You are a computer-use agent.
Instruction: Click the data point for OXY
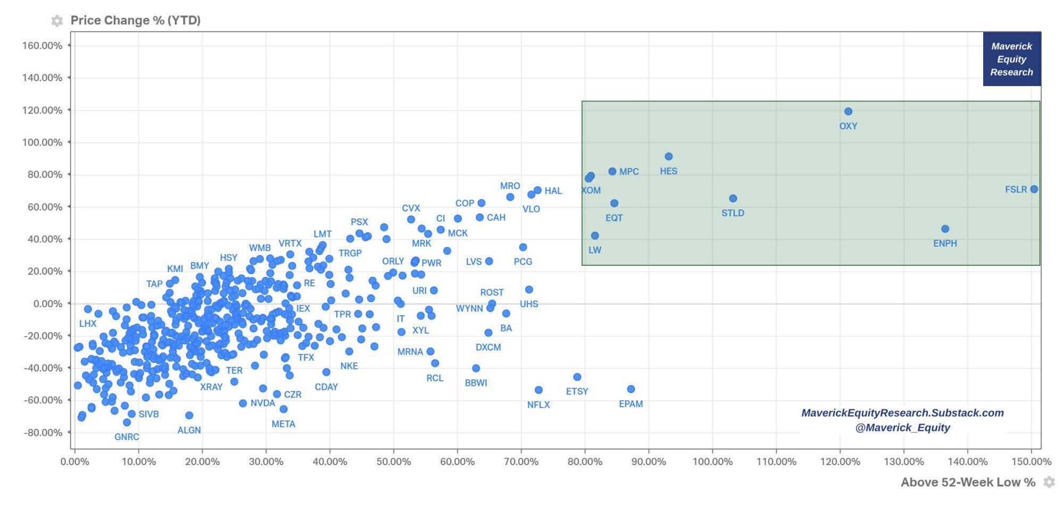click(848, 112)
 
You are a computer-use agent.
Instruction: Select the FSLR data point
click(1034, 189)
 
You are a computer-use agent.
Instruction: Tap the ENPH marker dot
click(945, 229)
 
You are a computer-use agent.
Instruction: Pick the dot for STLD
click(733, 199)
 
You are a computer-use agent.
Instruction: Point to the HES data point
click(669, 157)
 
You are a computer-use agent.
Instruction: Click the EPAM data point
click(631, 389)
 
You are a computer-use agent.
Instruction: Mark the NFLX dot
click(538, 390)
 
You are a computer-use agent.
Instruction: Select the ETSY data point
click(577, 377)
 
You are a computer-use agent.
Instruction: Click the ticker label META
click(283, 424)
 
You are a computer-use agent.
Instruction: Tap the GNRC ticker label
click(127, 437)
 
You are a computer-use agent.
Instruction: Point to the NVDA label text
click(263, 403)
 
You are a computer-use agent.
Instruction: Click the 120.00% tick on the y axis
click(42, 110)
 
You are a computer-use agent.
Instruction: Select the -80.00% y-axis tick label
click(43, 433)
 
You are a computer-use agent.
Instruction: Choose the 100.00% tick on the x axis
click(712, 462)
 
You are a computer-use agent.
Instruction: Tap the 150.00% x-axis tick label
click(1031, 462)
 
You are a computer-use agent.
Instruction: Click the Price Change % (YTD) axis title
click(136, 20)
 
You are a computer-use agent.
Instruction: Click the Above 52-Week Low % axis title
click(968, 482)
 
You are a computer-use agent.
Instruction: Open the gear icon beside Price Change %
click(57, 21)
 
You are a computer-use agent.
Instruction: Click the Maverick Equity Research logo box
click(1011, 59)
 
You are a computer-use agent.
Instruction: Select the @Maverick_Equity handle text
click(902, 427)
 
